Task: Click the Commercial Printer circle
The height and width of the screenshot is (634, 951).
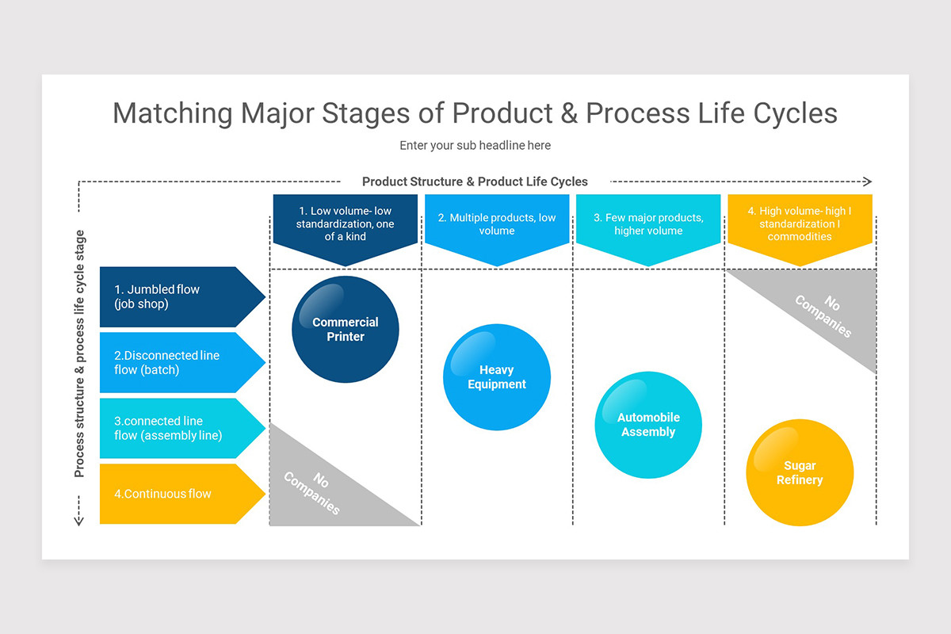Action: pos(346,329)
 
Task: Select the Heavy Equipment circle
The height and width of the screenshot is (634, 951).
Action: pos(497,377)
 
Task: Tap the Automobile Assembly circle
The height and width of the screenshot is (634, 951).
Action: pos(648,425)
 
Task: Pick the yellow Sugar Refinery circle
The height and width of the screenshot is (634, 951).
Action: pos(800,473)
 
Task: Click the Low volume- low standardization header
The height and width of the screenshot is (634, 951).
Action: pos(345,224)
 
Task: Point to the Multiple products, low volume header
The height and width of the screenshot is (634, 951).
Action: pos(497,224)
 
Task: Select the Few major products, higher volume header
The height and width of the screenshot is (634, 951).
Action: pos(648,224)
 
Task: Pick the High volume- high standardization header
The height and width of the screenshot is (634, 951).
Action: pos(800,224)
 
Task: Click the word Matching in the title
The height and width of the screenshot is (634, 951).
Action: pos(173,113)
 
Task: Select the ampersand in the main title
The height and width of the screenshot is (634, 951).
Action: pos(567,113)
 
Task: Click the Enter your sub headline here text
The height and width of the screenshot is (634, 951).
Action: pos(475,146)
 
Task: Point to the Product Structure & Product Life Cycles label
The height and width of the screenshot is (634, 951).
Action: pos(475,181)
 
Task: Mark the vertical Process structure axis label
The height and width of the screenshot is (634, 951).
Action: pos(79,353)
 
